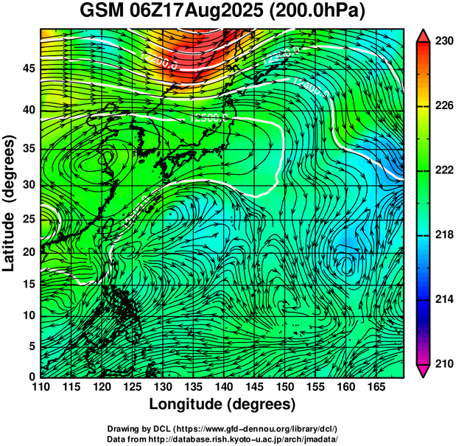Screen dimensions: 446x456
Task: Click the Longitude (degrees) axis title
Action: click(x=222, y=404)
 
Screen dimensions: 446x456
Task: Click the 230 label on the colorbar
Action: click(x=443, y=41)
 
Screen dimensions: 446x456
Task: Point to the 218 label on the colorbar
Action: click(x=443, y=234)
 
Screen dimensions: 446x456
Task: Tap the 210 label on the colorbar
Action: click(x=443, y=363)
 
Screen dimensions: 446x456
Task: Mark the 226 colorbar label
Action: click(x=443, y=106)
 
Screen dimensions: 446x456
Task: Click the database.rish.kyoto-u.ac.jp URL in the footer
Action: click(x=248, y=439)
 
